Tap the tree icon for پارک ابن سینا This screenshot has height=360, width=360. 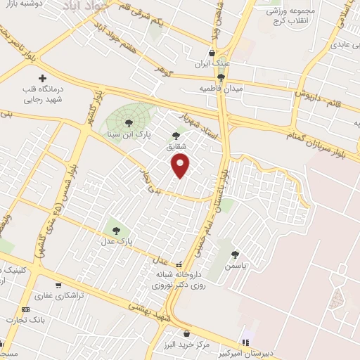click(x=128, y=122)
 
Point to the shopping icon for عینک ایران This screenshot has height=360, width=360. click(x=212, y=52)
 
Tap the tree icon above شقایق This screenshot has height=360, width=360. click(x=176, y=135)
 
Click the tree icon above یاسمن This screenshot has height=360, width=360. click(x=235, y=255)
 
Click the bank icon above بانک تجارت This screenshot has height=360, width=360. click(x=27, y=309)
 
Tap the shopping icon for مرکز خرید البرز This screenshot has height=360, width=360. click(x=186, y=334)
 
